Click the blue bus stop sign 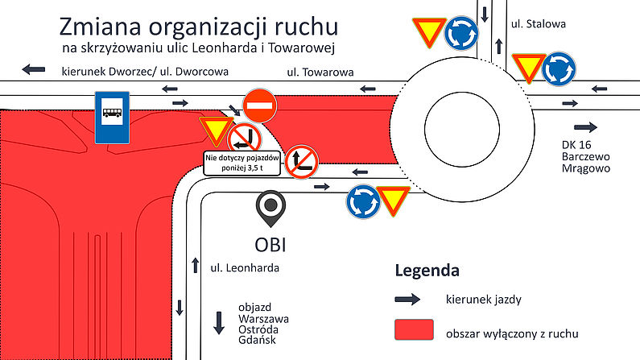[111, 118]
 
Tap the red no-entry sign [260, 105]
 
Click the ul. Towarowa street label [320, 73]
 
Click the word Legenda [427, 270]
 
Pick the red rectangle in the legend [415, 331]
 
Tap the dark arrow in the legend [408, 300]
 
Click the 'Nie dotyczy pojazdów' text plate [241, 163]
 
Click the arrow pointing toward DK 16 [585, 127]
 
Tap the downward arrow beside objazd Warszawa [218, 322]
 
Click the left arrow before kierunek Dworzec [34, 70]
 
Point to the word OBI [271, 243]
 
